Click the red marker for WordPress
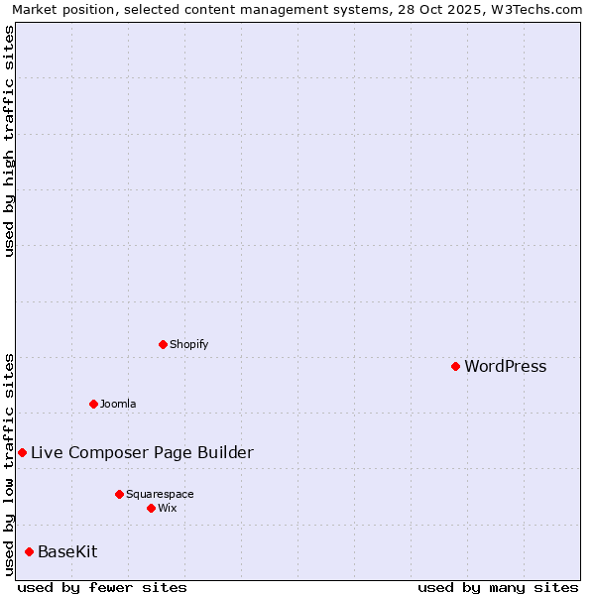pos(455,367)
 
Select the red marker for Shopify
pos(163,345)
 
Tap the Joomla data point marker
pos(93,404)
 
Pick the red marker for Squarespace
pos(119,494)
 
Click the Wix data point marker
pos(151,508)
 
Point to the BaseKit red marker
pos(29,551)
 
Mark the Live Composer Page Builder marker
pos(22,452)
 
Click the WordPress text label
pos(505,367)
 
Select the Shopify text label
pos(188,345)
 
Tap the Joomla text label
pos(118,404)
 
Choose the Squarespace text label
pos(160,494)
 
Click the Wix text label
pos(167,508)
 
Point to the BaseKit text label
pos(67,551)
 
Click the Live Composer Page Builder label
pos(142,453)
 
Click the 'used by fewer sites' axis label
pos(102,587)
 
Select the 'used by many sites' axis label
pos(498,587)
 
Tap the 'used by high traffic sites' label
pos(9,141)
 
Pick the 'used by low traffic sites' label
pos(9,464)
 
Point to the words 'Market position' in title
pos(59,9)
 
